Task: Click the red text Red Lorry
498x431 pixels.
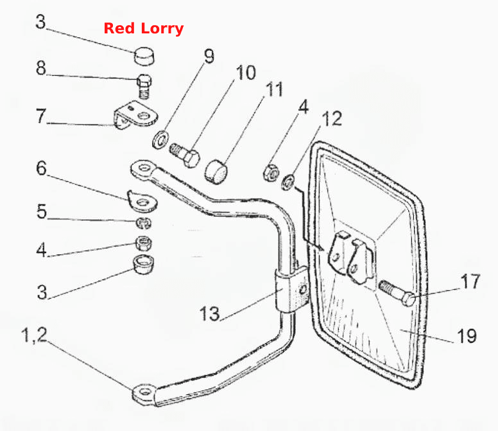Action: click(144, 28)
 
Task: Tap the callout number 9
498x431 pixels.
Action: click(209, 56)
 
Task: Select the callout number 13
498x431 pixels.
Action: click(210, 313)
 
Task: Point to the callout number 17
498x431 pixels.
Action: click(470, 281)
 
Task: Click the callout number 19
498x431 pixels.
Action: click(467, 336)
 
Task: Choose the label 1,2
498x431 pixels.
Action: click(34, 335)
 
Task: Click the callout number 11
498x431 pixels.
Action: click(275, 89)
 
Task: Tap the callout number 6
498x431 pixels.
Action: click(41, 168)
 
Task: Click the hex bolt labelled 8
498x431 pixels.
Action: click(144, 86)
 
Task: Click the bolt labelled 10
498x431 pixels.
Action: click(185, 155)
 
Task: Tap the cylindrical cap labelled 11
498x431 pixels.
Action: click(216, 172)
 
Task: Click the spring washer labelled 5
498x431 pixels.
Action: click(143, 223)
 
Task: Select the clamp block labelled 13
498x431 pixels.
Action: click(292, 290)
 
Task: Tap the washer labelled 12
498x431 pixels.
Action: click(288, 183)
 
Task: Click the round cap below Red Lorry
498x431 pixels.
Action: click(144, 56)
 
